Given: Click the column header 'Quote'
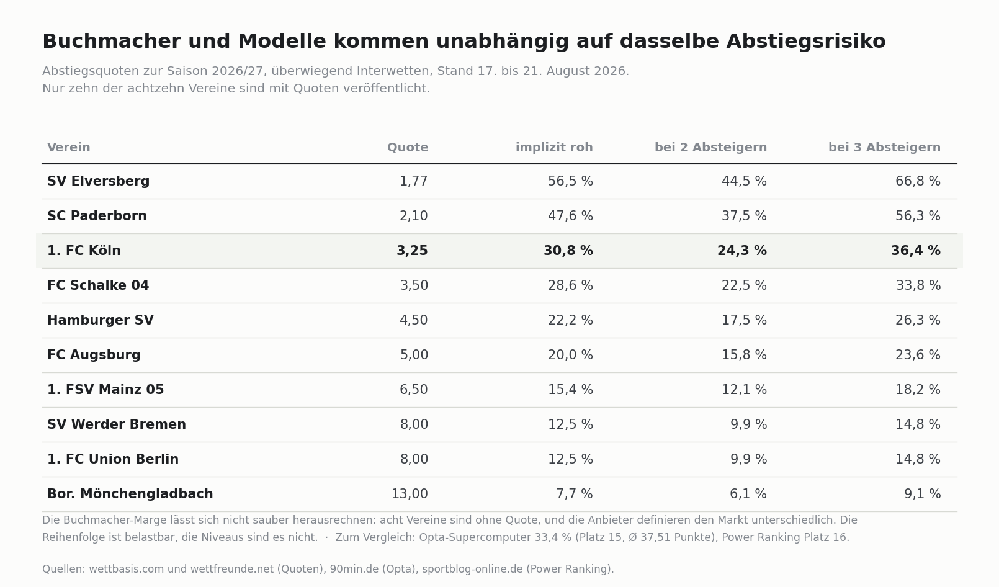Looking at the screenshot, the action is [x=408, y=148].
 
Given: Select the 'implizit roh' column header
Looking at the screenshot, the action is [x=554, y=148].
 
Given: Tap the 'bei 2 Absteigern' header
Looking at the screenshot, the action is [x=711, y=148].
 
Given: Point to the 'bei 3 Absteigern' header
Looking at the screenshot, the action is [x=884, y=148].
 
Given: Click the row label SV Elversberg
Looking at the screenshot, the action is [x=99, y=181].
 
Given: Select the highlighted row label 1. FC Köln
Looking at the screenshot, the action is [x=84, y=251].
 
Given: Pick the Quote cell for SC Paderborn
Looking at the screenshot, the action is [x=413, y=216].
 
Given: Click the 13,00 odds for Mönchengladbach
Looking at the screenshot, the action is [x=410, y=494].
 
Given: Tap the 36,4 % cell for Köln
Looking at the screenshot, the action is [x=916, y=251].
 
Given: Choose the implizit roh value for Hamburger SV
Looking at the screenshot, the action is [x=570, y=320].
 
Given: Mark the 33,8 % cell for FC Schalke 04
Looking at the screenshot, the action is [x=918, y=285].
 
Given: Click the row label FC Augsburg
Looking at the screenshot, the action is [x=94, y=355].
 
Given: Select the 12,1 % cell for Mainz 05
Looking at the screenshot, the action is [x=745, y=390].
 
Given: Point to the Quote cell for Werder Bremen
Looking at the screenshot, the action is [x=414, y=424].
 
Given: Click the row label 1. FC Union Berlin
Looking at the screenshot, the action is [x=113, y=459].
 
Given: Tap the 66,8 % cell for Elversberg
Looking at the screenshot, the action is [x=918, y=181].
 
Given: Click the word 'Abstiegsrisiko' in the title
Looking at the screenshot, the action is [x=806, y=42].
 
